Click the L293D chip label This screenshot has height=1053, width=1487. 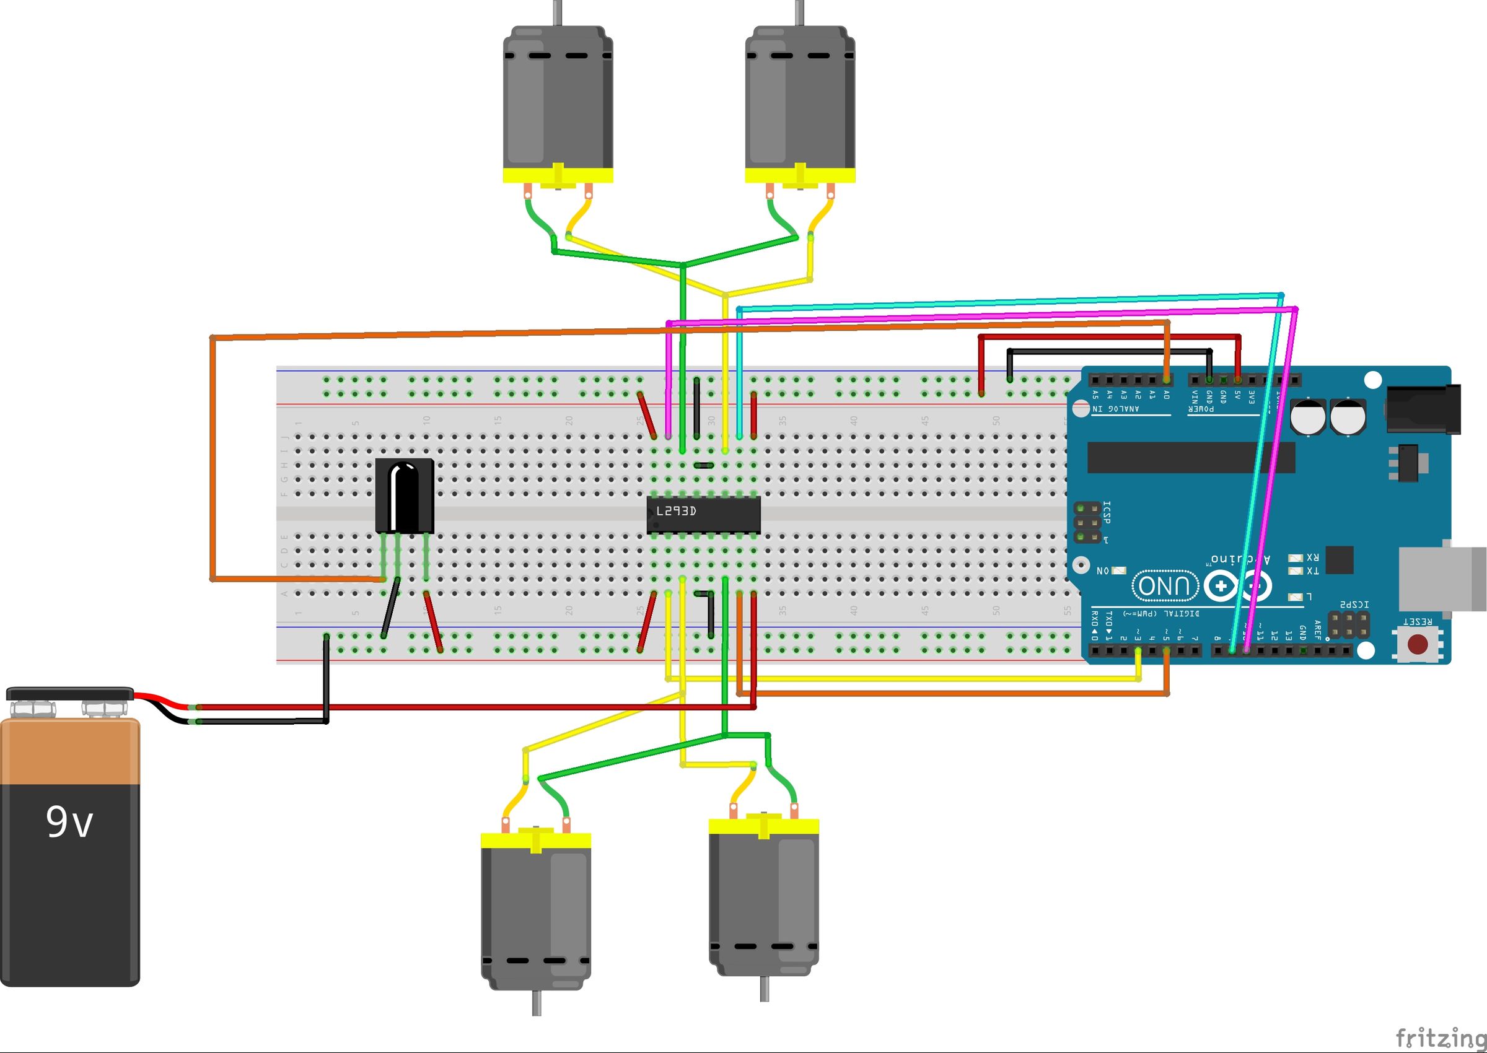tap(676, 511)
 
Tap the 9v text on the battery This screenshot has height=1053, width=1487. tap(69, 822)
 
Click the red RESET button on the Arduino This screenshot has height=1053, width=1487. tap(1417, 644)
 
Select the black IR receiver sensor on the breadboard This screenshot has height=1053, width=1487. tap(405, 496)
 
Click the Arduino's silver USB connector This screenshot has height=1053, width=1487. tap(1442, 579)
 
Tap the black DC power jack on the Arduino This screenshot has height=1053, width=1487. tap(1423, 409)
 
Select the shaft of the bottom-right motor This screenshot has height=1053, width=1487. tap(765, 988)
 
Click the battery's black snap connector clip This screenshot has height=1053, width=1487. tap(70, 694)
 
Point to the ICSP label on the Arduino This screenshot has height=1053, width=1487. tap(1107, 512)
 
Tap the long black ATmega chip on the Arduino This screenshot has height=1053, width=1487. tap(1191, 458)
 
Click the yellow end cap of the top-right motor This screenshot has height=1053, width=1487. tap(800, 175)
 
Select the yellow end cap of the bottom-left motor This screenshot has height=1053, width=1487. tap(536, 841)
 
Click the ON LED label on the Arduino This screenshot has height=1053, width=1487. tap(1103, 570)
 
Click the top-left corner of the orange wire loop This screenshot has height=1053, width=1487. tap(212, 337)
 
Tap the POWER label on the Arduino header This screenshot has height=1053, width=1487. tap(1201, 409)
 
